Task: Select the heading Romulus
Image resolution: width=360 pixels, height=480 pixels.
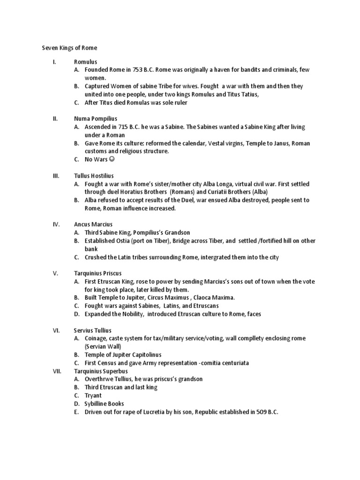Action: (86, 62)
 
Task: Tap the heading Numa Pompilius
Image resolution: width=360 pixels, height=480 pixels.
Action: (96, 119)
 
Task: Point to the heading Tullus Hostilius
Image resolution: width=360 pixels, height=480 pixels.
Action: (95, 175)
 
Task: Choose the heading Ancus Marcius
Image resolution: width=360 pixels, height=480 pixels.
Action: (93, 225)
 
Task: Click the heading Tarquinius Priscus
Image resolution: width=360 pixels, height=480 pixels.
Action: (98, 273)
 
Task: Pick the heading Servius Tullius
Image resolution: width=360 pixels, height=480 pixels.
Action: (93, 330)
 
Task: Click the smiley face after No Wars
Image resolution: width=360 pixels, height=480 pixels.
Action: (112, 159)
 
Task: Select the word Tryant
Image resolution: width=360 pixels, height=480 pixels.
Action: (93, 396)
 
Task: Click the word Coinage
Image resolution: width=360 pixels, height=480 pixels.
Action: (97, 338)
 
